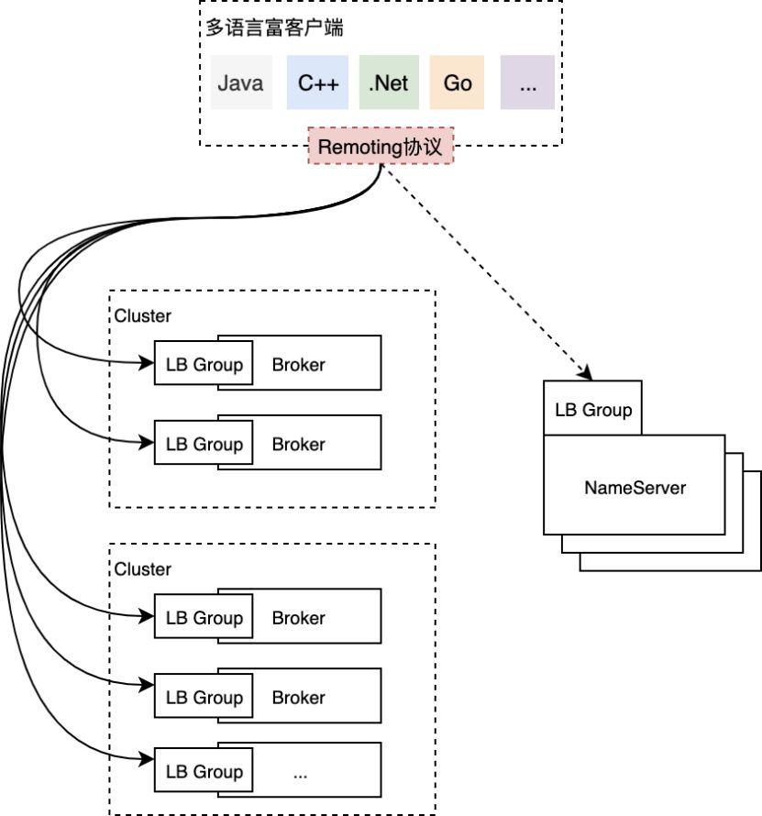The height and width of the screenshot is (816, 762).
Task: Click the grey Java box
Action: [x=240, y=83]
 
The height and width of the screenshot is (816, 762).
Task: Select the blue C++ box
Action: [x=318, y=83]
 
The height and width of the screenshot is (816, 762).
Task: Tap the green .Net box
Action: [x=388, y=83]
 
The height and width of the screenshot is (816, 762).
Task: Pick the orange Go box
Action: [x=457, y=83]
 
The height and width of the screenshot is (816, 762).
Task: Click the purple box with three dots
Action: [x=527, y=83]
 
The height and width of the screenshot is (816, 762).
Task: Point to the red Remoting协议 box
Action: [x=380, y=146]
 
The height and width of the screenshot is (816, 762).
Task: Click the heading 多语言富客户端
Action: [x=274, y=28]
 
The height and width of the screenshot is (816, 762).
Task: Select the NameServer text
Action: [x=635, y=487]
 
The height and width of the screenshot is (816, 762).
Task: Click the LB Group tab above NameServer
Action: [x=593, y=409]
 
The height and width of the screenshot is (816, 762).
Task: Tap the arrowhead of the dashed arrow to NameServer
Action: [x=584, y=373]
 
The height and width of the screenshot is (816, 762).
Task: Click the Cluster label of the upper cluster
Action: [x=142, y=315]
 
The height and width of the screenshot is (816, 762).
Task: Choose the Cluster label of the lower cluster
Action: [x=142, y=569]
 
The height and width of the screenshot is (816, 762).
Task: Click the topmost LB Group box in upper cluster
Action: [x=204, y=364]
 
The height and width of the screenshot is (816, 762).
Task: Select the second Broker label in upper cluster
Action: [x=298, y=444]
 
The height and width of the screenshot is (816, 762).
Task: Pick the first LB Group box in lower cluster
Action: [x=204, y=618]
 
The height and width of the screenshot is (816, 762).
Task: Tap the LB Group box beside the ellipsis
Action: [x=204, y=772]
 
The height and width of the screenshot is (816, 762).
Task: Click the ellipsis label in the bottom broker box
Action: [x=300, y=773]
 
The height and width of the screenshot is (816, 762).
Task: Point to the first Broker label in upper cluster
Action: [x=298, y=364]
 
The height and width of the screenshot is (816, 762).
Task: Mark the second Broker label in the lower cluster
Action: [x=298, y=698]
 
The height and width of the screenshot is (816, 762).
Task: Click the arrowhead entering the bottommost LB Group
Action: [x=148, y=759]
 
